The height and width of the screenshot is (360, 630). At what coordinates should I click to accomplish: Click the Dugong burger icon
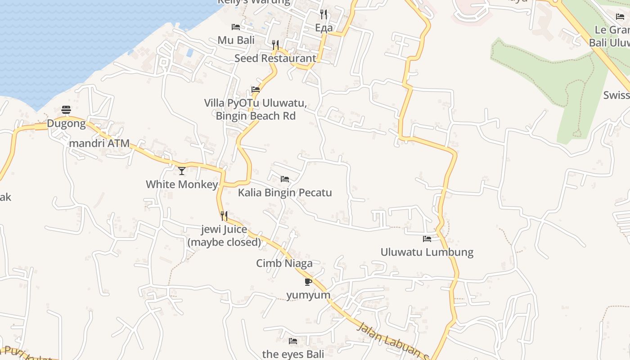click(x=66, y=110)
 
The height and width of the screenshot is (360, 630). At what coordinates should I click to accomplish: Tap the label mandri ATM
click(x=99, y=144)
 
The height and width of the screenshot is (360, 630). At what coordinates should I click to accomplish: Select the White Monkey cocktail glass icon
click(x=182, y=171)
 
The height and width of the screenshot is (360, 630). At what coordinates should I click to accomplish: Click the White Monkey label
click(x=182, y=184)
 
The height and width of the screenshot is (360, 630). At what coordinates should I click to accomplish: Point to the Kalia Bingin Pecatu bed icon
click(x=285, y=179)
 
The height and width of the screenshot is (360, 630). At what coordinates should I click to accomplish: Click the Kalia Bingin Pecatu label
click(x=285, y=193)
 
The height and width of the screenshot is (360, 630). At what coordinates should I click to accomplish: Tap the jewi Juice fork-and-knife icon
click(x=224, y=216)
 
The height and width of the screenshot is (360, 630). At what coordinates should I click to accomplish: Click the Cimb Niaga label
click(x=284, y=263)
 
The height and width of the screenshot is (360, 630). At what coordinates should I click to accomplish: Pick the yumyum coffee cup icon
click(x=308, y=282)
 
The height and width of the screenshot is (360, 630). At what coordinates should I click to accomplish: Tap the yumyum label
click(x=308, y=295)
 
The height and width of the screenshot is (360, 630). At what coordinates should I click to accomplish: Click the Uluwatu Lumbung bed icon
click(x=427, y=238)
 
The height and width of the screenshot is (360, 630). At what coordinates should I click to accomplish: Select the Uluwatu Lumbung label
click(x=427, y=252)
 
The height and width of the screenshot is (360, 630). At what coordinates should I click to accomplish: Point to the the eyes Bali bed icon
click(x=293, y=341)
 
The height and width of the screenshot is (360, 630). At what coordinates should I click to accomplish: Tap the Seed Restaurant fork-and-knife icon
click(x=275, y=45)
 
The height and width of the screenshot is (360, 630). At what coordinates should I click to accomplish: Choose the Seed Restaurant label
click(x=275, y=58)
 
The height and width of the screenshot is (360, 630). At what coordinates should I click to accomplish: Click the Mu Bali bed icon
click(x=236, y=27)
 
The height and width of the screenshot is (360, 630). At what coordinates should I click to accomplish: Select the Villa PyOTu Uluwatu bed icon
click(x=256, y=89)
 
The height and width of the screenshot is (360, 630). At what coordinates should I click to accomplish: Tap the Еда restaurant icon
click(x=324, y=14)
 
